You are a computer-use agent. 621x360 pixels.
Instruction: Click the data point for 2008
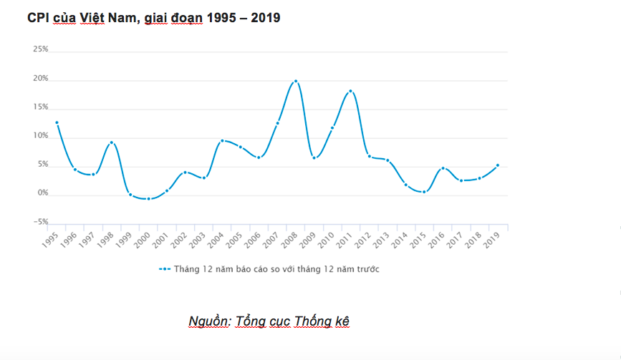tap(295, 81)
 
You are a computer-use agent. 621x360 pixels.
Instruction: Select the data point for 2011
tap(350, 92)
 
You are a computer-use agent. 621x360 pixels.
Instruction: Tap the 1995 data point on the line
tap(57, 122)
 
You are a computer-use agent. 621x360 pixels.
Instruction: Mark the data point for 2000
tap(148, 198)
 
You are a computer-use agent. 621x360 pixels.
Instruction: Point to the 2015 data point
tap(424, 192)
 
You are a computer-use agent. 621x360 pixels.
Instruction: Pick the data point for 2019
tap(497, 165)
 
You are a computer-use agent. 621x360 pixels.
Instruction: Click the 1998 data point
tap(112, 142)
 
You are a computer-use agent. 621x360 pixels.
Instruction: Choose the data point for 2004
tap(222, 140)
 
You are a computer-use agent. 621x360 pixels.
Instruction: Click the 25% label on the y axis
tap(40, 49)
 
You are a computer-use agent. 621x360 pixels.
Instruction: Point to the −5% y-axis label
tap(40, 222)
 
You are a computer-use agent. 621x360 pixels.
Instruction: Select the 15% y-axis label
tap(40, 107)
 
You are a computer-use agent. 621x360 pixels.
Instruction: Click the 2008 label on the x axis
tap(289, 240)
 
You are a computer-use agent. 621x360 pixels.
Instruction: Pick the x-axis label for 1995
tap(50, 240)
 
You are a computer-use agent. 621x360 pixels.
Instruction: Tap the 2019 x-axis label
tap(491, 240)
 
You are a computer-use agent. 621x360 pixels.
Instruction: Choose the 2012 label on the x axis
tap(362, 240)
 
